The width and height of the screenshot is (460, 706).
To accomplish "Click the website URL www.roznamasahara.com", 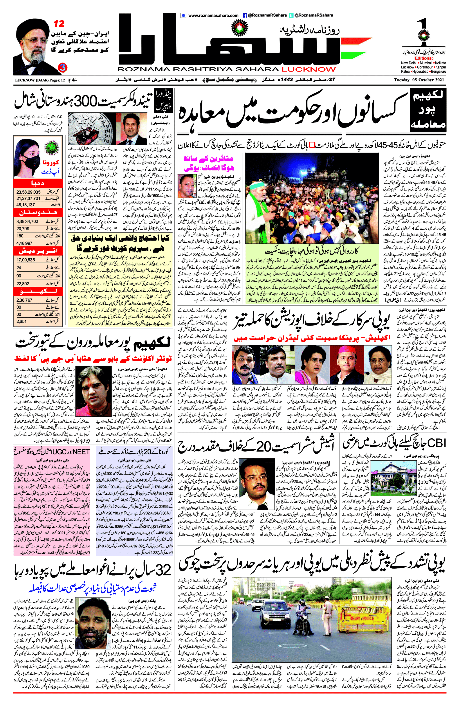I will click(213, 15).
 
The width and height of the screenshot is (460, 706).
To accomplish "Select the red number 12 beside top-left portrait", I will click(58, 23).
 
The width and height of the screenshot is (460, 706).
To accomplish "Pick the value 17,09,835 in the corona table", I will click(26, 260).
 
